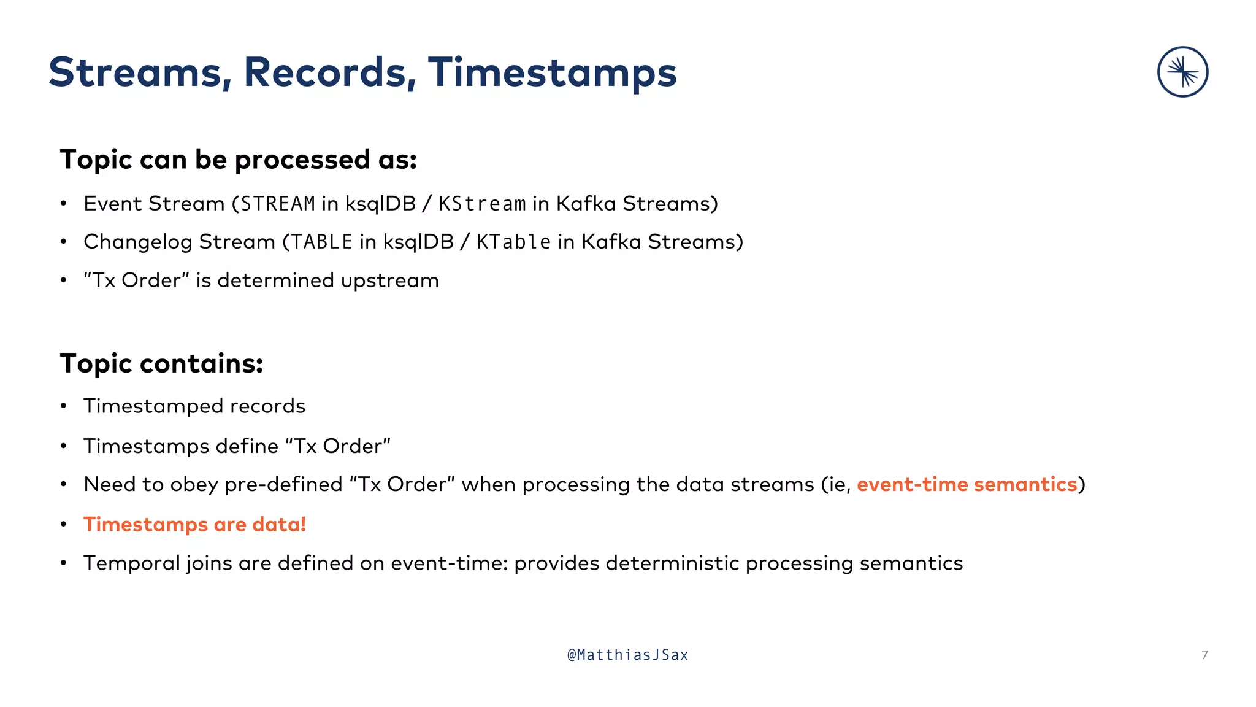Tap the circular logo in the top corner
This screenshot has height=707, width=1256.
1182,72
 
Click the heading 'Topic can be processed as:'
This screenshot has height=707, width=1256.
239,160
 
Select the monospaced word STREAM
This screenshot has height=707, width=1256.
278,204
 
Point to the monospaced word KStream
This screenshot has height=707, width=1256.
482,204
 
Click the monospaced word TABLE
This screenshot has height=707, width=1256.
322,242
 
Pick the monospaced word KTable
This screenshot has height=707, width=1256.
513,242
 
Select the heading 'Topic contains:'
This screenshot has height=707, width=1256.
162,363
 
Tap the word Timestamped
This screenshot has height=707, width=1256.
153,406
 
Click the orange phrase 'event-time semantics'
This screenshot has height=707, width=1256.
967,484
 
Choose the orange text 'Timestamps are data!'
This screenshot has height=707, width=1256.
194,525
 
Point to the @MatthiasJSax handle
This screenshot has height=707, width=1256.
628,655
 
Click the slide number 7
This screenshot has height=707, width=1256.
1204,655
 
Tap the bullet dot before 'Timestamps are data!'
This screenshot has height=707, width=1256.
63,525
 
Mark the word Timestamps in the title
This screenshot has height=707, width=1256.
552,72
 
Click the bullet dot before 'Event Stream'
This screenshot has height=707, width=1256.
63,204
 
